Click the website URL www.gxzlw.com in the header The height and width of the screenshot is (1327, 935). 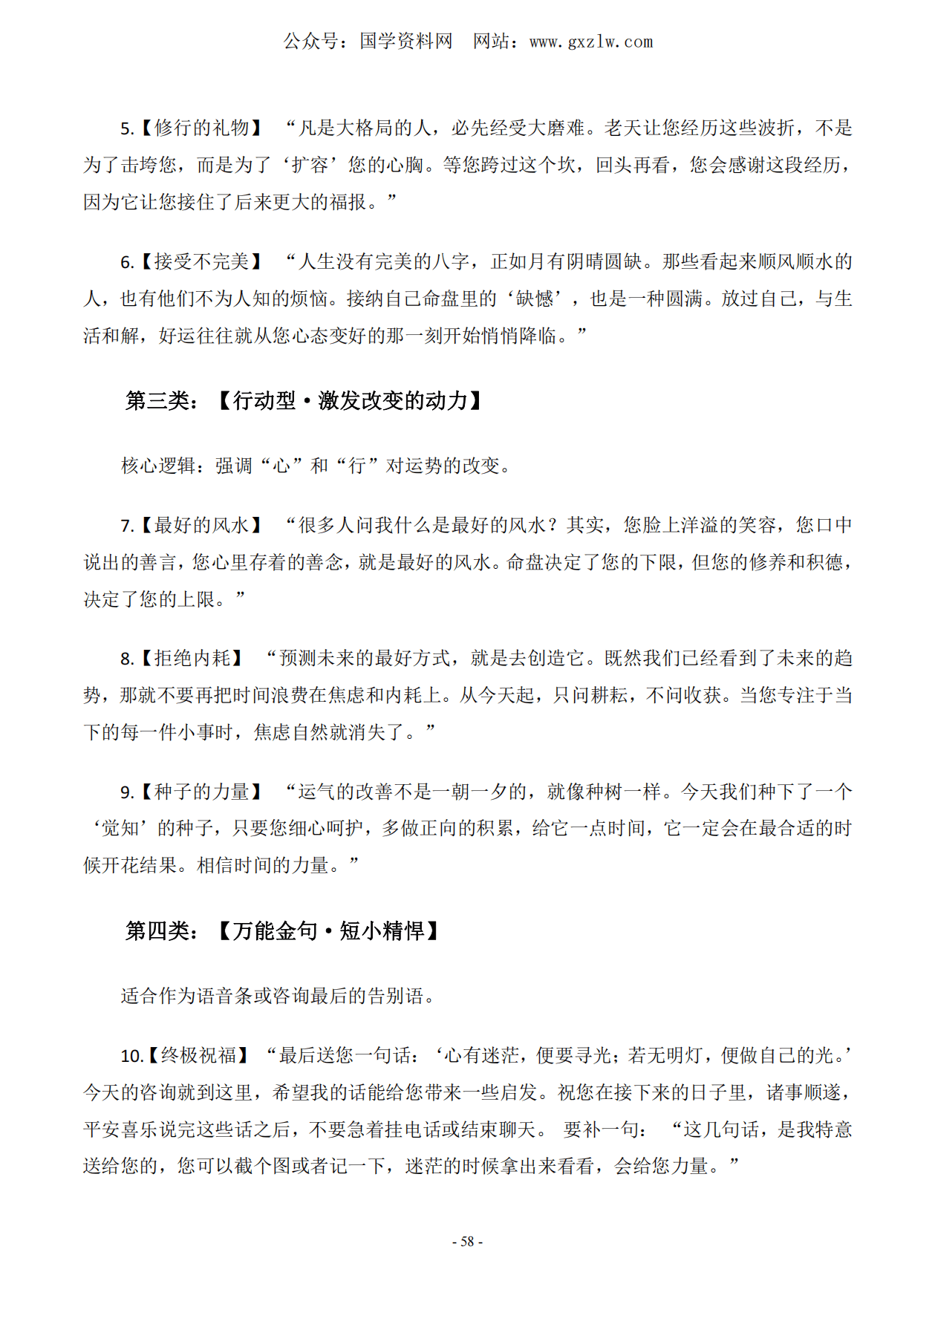pos(590,42)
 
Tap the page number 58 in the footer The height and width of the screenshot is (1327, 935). pos(467,1242)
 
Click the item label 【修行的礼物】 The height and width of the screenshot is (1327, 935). pos(201,128)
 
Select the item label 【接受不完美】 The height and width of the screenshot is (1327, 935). pos(201,262)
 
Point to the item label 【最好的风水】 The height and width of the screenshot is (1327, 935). pos(201,526)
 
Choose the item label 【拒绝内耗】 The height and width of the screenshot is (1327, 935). pos(192,659)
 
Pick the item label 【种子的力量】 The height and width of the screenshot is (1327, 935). pos(201,792)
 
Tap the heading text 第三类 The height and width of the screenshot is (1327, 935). pos(157,401)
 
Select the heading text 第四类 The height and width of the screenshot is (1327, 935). pos(157,931)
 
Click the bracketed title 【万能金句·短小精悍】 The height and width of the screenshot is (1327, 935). pos(328,931)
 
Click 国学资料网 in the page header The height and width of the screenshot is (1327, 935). pos(405,42)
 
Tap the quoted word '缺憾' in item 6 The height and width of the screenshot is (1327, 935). pos(535,299)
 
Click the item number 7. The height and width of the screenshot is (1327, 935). pos(126,526)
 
